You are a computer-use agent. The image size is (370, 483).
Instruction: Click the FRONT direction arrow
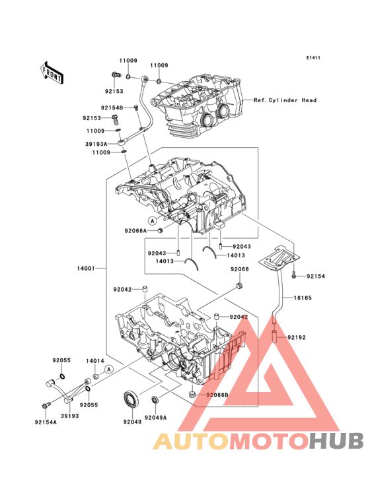point(52,73)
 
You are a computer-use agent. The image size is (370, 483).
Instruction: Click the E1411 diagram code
point(313,57)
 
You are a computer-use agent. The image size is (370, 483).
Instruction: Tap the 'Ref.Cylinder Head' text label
point(285,100)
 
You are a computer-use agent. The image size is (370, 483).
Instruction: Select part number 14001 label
point(86,269)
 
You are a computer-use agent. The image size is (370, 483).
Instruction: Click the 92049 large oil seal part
point(131,399)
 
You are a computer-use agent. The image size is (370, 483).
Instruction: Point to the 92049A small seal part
point(155,400)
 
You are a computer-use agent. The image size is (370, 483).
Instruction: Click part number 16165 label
point(303,298)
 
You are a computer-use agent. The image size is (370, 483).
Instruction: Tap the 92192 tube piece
point(274,336)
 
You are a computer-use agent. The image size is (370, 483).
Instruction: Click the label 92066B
point(217,395)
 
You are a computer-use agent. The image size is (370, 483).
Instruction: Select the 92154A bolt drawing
point(45,406)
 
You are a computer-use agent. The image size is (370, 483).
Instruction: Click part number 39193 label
point(69,416)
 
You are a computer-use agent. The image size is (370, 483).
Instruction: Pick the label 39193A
point(96,144)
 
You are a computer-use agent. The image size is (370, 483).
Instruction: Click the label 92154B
point(112,108)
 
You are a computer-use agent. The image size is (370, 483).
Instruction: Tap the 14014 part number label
point(95,361)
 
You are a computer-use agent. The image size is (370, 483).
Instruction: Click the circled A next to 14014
point(109,369)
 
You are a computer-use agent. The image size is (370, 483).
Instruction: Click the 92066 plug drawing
point(239,286)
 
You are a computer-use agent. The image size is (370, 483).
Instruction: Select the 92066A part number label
point(135,231)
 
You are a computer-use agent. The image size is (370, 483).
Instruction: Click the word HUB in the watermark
point(336,441)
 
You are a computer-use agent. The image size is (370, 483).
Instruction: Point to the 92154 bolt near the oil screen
point(293,274)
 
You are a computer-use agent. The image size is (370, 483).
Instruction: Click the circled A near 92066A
point(153,220)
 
